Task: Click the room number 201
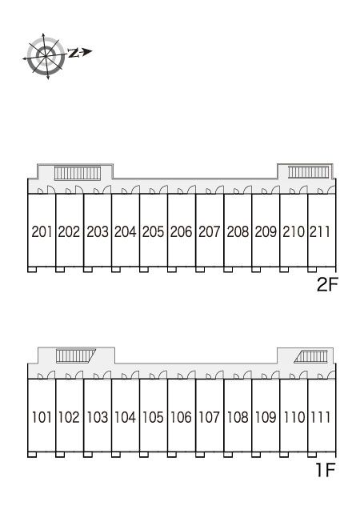click(x=42, y=232)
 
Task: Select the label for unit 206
click(x=182, y=232)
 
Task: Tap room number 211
click(x=320, y=232)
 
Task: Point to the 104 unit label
click(x=125, y=417)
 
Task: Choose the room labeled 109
click(x=266, y=417)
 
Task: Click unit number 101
click(x=42, y=417)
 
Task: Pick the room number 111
click(x=320, y=417)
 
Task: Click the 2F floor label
click(x=327, y=285)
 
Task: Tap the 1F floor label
click(x=326, y=470)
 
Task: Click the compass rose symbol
click(x=46, y=56)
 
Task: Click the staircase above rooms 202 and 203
click(x=78, y=173)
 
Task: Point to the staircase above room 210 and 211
click(x=308, y=171)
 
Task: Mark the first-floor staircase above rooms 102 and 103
click(x=75, y=356)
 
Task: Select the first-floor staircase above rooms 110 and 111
click(x=311, y=356)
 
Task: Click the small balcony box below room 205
click(x=144, y=270)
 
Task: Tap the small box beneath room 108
click(x=228, y=455)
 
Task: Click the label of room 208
click(x=238, y=232)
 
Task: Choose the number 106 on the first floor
click(x=181, y=417)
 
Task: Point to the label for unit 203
click(x=98, y=232)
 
